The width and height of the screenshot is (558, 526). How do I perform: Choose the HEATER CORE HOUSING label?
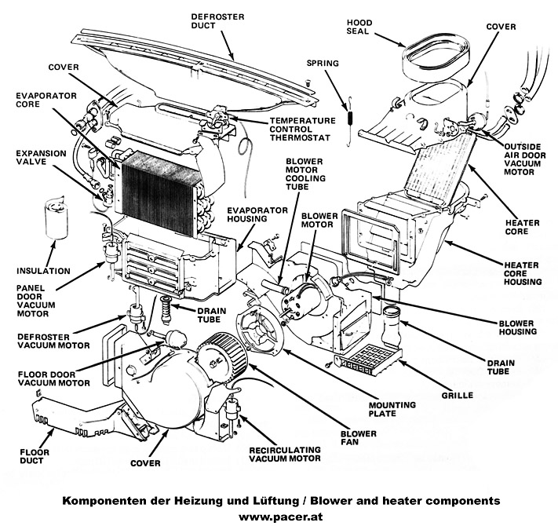(524, 273)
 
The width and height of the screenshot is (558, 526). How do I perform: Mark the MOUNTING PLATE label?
(392, 409)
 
